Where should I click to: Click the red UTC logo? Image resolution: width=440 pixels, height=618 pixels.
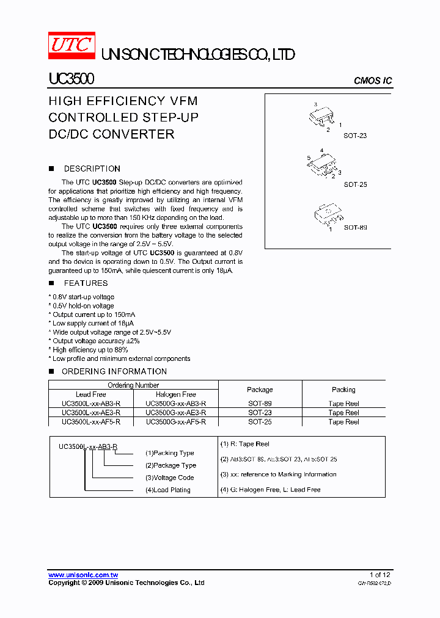point(71,46)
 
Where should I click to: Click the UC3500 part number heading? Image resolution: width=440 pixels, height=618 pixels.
point(71,79)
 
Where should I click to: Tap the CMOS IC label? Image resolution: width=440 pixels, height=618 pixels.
point(373,81)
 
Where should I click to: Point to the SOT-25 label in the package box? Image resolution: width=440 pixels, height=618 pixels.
point(355,184)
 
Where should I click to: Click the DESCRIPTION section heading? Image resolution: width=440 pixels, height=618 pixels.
point(92,169)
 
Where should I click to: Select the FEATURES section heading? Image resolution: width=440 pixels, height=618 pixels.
point(86,283)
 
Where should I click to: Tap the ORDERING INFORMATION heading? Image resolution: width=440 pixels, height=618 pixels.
point(114,371)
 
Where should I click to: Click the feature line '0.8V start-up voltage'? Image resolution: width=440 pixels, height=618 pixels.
point(83,297)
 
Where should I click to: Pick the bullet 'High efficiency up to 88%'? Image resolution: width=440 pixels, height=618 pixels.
point(90,350)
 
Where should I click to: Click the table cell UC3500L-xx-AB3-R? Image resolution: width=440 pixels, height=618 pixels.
point(91,404)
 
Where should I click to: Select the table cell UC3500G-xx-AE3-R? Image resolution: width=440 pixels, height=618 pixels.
point(176,413)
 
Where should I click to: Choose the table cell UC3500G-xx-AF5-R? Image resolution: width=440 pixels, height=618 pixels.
point(176,421)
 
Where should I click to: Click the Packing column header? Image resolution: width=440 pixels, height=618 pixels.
point(343,390)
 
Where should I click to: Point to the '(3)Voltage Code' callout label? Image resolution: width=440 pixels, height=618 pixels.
point(169,478)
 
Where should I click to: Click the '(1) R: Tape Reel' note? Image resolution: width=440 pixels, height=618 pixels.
point(244,444)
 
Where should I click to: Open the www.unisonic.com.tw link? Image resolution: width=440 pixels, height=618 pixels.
point(83,575)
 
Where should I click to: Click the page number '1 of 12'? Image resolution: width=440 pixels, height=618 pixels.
point(380,575)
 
